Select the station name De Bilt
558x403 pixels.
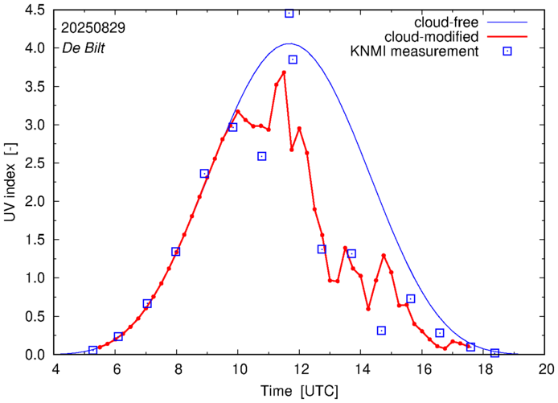(x=84, y=47)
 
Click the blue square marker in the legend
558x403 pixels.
(x=507, y=52)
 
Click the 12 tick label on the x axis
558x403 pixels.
(x=301, y=370)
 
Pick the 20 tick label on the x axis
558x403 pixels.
(x=547, y=370)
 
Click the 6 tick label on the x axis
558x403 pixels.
(x=117, y=370)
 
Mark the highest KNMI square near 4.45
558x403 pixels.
(x=289, y=13)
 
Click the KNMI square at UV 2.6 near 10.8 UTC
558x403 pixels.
(x=262, y=156)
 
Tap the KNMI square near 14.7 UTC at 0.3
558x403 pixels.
(x=381, y=331)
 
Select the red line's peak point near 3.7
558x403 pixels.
(x=284, y=72)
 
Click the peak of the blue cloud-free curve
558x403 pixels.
(x=290, y=43)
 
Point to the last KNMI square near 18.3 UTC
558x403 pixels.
(x=495, y=353)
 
